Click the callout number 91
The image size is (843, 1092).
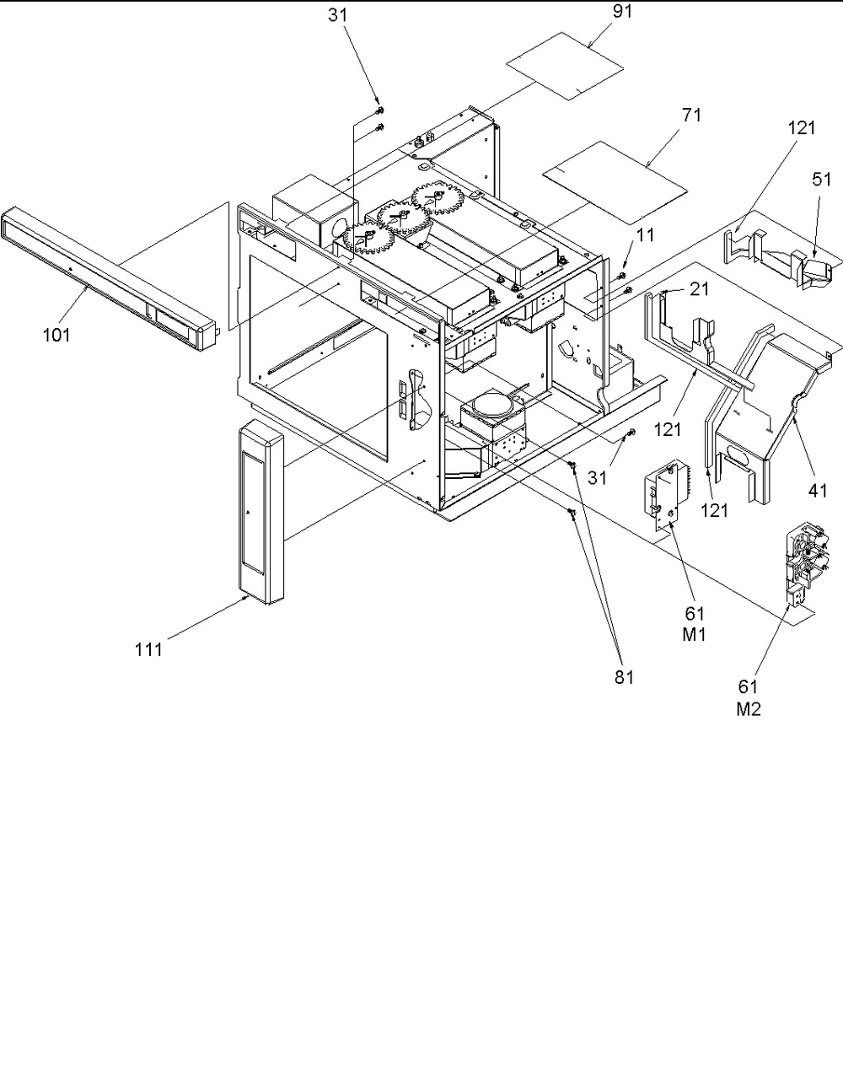click(x=622, y=12)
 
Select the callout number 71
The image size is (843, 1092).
click(x=691, y=115)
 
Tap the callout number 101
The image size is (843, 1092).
click(x=56, y=335)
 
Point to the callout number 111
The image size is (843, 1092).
click(x=148, y=650)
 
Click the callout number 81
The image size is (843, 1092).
click(x=625, y=678)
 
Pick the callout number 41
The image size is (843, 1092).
click(x=818, y=490)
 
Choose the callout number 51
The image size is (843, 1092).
click(x=822, y=180)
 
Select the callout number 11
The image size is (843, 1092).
click(x=645, y=234)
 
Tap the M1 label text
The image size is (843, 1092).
click(x=695, y=635)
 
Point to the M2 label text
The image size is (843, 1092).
click(x=749, y=709)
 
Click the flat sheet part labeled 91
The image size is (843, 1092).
click(x=565, y=67)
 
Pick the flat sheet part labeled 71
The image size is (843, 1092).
click(x=615, y=181)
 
